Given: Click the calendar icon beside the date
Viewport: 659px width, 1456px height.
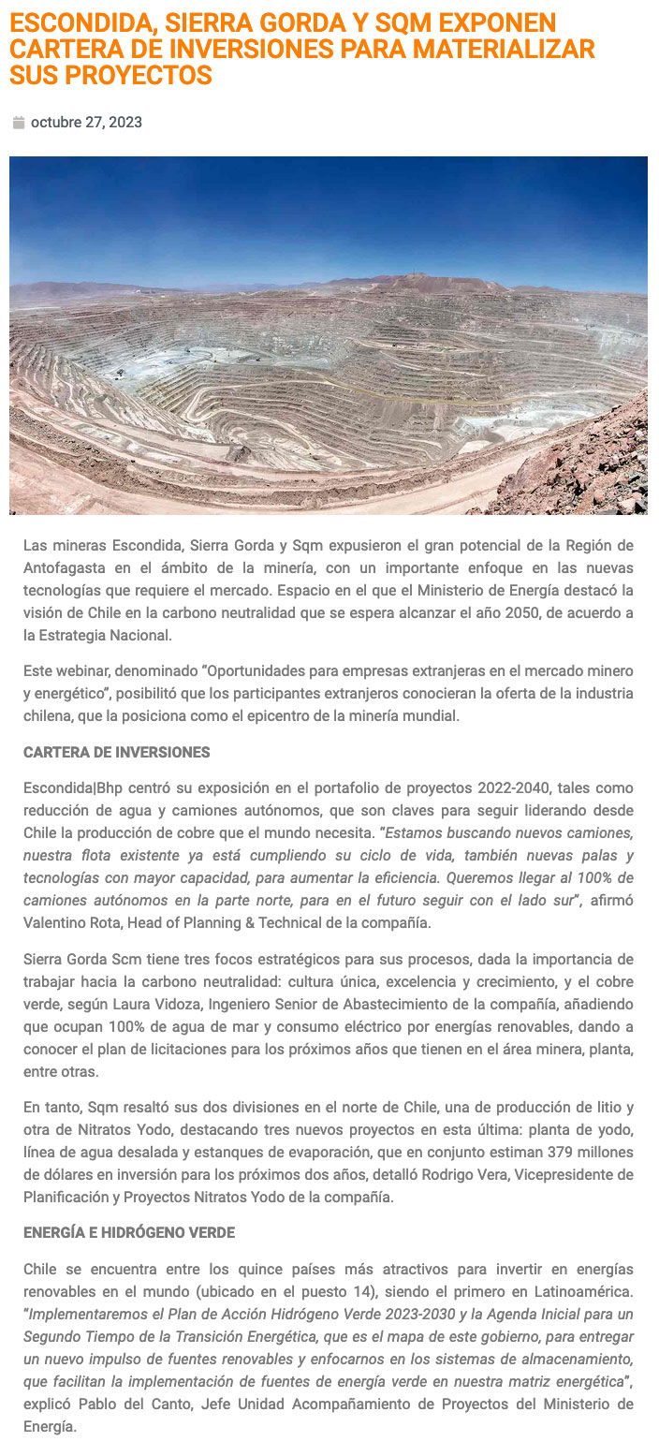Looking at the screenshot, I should coord(18,123).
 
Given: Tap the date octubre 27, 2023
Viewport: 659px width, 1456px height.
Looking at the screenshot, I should coord(86,123).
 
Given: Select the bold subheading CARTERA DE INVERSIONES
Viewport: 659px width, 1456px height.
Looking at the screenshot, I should coord(116,753).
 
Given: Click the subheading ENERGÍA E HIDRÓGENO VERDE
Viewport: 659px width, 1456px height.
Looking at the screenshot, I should coord(128,1233).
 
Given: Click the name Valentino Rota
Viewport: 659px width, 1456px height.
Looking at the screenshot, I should coord(68,923).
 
